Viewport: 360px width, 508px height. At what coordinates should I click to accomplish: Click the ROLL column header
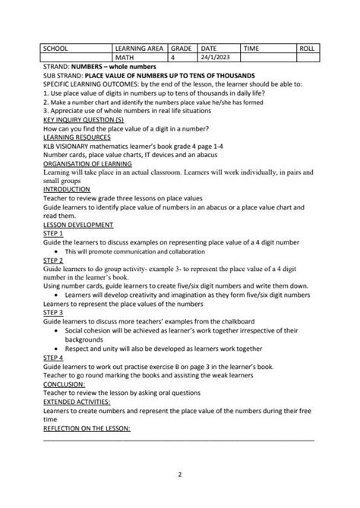tap(308, 48)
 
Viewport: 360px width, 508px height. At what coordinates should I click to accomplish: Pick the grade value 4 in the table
tap(173, 57)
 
